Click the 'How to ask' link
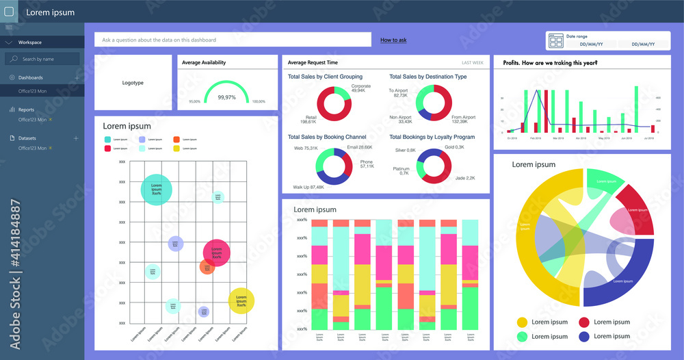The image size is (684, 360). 393,40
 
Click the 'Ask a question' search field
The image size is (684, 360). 233,40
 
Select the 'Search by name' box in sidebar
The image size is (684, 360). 42,60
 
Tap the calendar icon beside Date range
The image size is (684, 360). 555,41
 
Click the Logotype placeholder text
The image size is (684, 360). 133,83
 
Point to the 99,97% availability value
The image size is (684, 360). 226,98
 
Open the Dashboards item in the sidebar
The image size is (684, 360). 31,78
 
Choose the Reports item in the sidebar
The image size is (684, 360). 27,110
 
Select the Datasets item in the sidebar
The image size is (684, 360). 28,138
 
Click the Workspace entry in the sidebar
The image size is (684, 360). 30,42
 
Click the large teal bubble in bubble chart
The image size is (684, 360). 157,189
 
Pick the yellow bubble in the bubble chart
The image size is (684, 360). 241,300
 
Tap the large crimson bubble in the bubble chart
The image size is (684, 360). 217,253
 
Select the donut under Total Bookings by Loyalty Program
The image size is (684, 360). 434,165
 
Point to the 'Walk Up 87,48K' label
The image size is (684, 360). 308,187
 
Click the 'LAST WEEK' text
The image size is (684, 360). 473,62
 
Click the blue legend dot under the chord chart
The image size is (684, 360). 584,336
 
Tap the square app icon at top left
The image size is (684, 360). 9,12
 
